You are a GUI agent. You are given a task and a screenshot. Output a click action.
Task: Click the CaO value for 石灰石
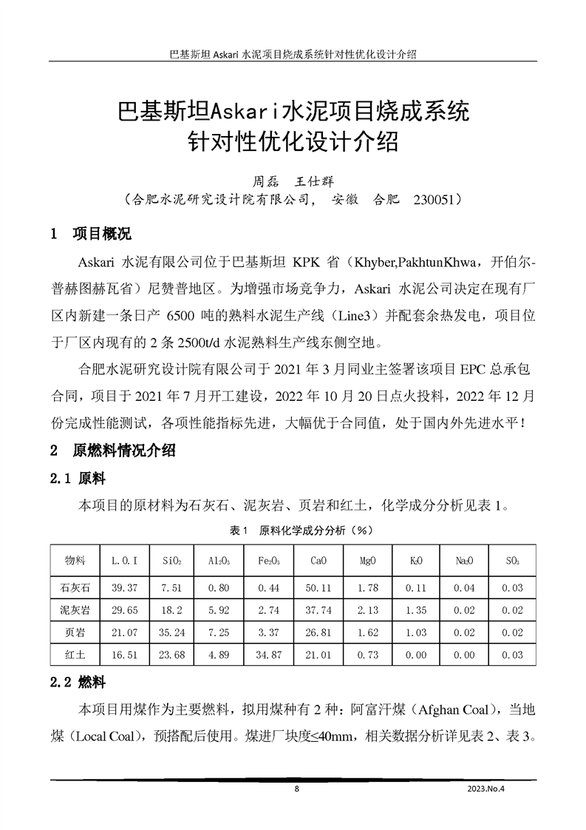click(x=320, y=588)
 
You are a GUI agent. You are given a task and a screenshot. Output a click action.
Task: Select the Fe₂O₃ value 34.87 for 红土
click(x=270, y=655)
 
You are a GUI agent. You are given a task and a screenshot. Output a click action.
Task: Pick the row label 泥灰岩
click(x=75, y=610)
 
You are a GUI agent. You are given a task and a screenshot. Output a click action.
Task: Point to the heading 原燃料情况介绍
click(x=123, y=450)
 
